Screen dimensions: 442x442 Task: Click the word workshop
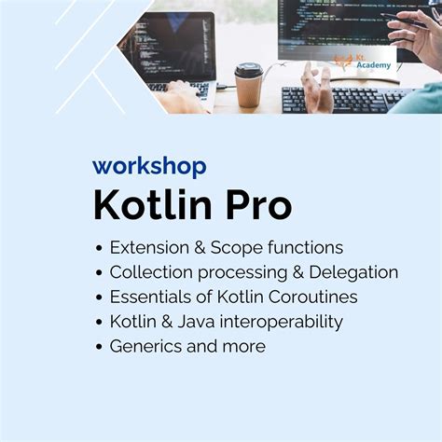coord(149,167)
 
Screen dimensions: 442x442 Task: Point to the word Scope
coord(240,248)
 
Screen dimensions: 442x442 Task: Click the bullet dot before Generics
coord(98,347)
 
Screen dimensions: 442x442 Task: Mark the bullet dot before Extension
coord(98,249)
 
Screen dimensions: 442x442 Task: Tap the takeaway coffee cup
coord(248,86)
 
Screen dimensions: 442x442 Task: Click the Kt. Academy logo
coord(360,62)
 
